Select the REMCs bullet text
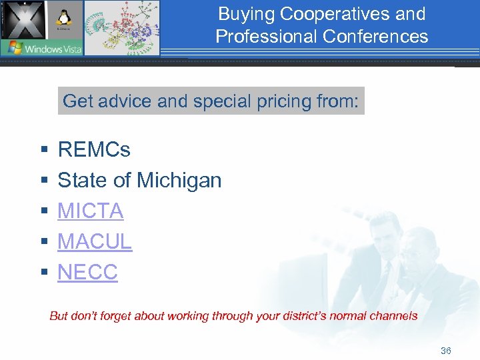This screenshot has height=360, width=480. click(94, 149)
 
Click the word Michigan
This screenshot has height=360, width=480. click(179, 180)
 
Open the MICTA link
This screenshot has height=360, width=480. click(91, 211)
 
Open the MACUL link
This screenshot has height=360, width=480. click(95, 241)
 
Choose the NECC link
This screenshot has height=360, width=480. click(87, 272)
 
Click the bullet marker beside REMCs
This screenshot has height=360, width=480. click(43, 150)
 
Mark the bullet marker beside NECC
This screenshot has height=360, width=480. click(43, 273)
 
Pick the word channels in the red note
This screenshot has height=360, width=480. click(394, 316)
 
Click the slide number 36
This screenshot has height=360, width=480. click(446, 351)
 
